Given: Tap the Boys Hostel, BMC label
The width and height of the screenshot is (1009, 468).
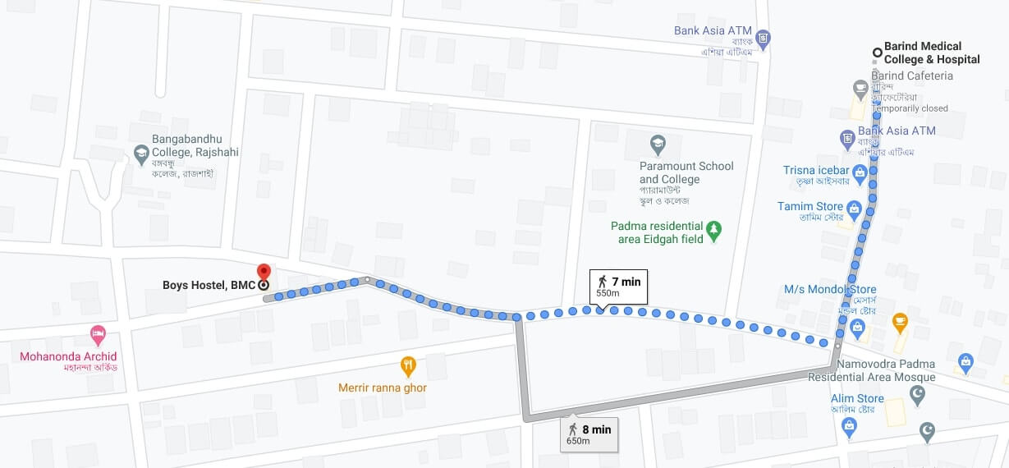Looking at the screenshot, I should (x=209, y=286).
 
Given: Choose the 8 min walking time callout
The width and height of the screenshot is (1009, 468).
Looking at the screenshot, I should (x=589, y=434).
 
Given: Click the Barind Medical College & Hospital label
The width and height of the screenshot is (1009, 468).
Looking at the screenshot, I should (x=932, y=53).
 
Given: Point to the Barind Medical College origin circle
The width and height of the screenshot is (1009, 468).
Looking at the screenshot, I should (x=877, y=53).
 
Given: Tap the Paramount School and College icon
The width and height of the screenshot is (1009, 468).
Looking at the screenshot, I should (x=658, y=145).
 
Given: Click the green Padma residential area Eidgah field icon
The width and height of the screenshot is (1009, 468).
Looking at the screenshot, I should (x=714, y=232).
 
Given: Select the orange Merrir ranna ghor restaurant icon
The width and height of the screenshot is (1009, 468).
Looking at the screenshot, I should (x=408, y=366).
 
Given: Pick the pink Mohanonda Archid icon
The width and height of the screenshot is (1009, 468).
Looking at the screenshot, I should (x=98, y=335).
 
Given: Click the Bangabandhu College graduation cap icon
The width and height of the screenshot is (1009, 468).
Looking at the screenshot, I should (x=141, y=153).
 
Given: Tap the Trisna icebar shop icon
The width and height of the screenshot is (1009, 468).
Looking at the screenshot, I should (x=860, y=172).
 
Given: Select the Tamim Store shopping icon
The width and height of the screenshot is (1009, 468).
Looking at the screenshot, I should (x=854, y=209).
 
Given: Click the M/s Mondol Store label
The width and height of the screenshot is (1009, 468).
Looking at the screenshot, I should (x=830, y=289).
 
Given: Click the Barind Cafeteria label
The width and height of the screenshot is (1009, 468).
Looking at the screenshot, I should (x=912, y=76).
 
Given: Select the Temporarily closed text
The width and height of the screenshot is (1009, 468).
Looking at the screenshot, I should (x=910, y=108).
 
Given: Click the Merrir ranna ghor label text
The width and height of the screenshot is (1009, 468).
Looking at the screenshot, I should (x=383, y=388).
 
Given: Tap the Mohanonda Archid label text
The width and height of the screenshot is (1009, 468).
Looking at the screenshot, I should (x=69, y=356).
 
